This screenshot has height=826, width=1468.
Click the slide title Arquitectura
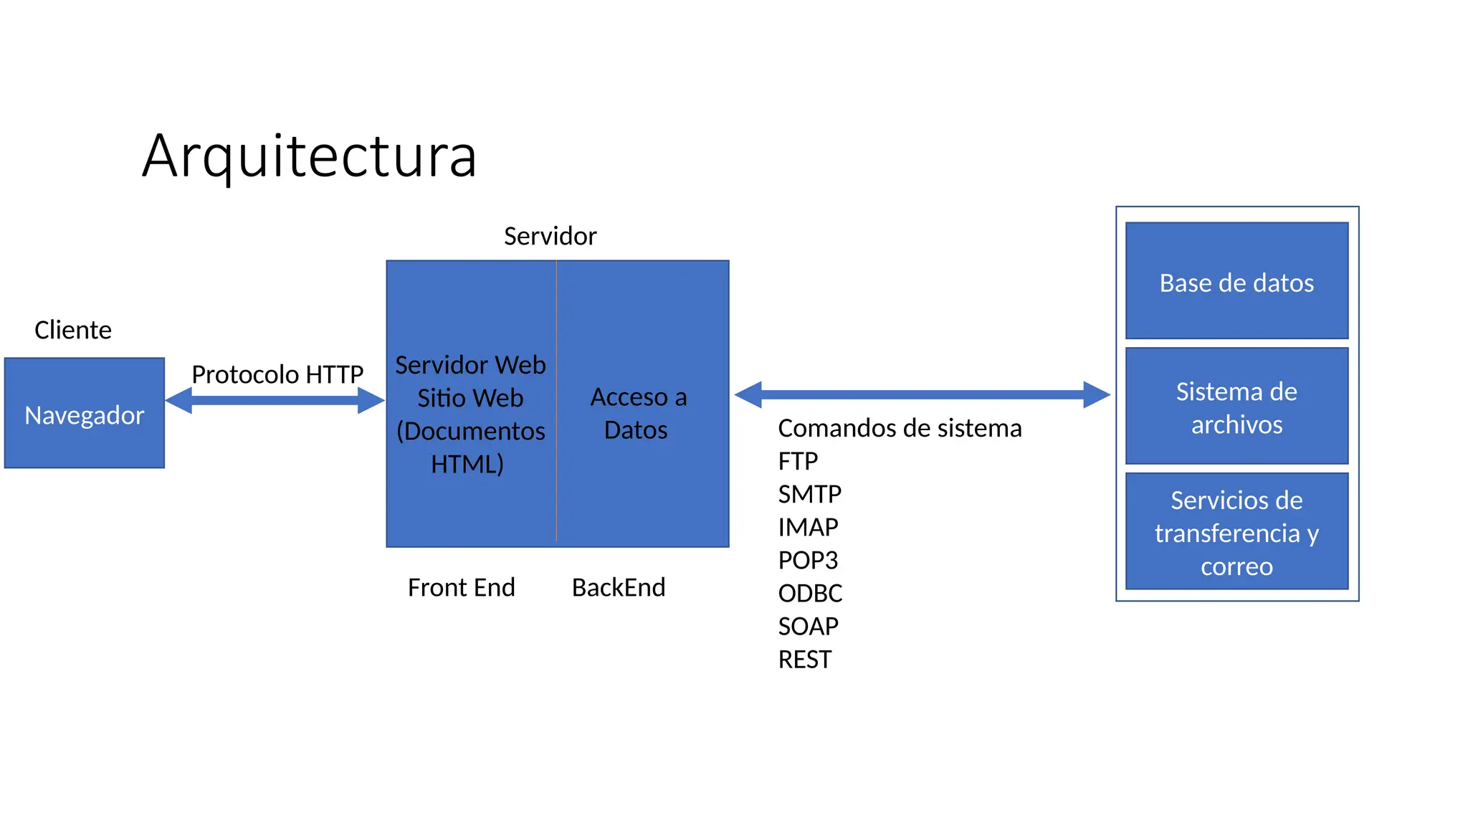309,156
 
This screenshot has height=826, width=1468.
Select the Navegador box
85,414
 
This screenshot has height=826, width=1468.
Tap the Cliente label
73,330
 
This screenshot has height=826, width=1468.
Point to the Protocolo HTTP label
277,374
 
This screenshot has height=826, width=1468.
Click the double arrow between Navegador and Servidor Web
275,400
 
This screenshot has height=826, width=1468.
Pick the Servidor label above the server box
550,236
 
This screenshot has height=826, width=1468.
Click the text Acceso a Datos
638,413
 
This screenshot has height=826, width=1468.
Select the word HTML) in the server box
467,464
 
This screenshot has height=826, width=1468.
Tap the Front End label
461,587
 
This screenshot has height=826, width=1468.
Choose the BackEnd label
619,587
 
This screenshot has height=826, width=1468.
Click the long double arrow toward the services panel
922,394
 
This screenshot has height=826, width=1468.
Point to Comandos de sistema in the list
900,428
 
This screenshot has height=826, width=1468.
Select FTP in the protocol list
798,461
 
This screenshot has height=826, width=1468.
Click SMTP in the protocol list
809,494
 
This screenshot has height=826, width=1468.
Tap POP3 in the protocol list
808,560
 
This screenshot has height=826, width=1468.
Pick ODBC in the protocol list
810,593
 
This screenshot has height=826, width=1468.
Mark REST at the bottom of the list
804,659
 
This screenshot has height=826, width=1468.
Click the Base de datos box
1236,281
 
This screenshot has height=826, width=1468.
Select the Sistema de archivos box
1236,407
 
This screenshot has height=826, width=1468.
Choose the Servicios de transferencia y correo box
1236,532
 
